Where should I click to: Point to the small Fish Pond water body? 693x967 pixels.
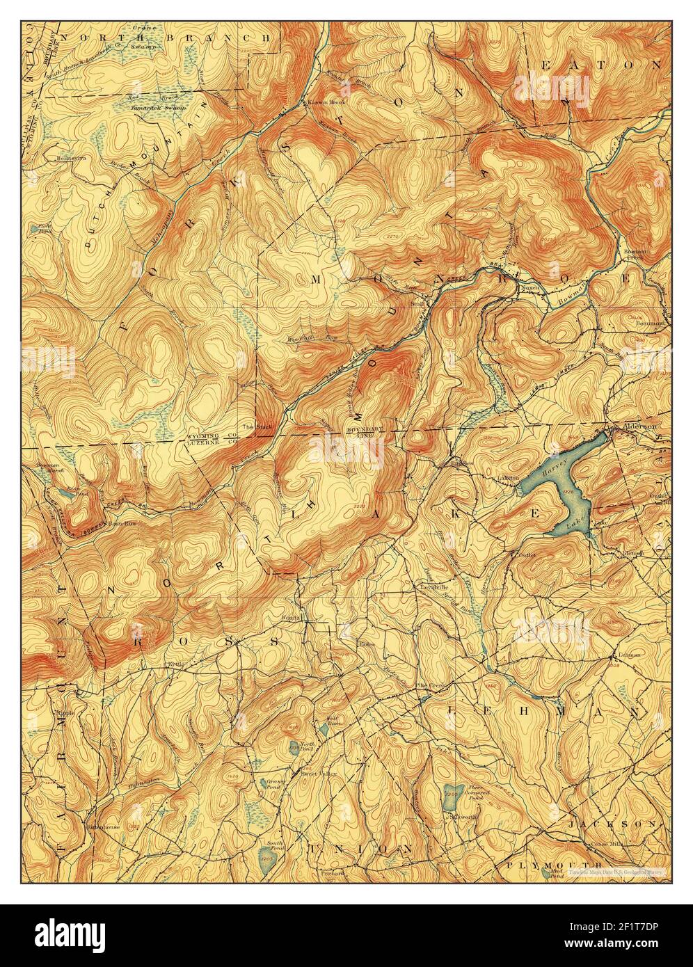[x=34, y=228]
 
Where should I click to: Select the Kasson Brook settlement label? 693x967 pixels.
[x=321, y=103]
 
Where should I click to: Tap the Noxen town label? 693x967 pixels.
[x=530, y=285]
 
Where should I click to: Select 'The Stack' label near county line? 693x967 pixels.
[x=251, y=426]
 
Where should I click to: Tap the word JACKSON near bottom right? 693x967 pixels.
[x=611, y=823]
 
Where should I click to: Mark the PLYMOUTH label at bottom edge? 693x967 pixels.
[x=546, y=863]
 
